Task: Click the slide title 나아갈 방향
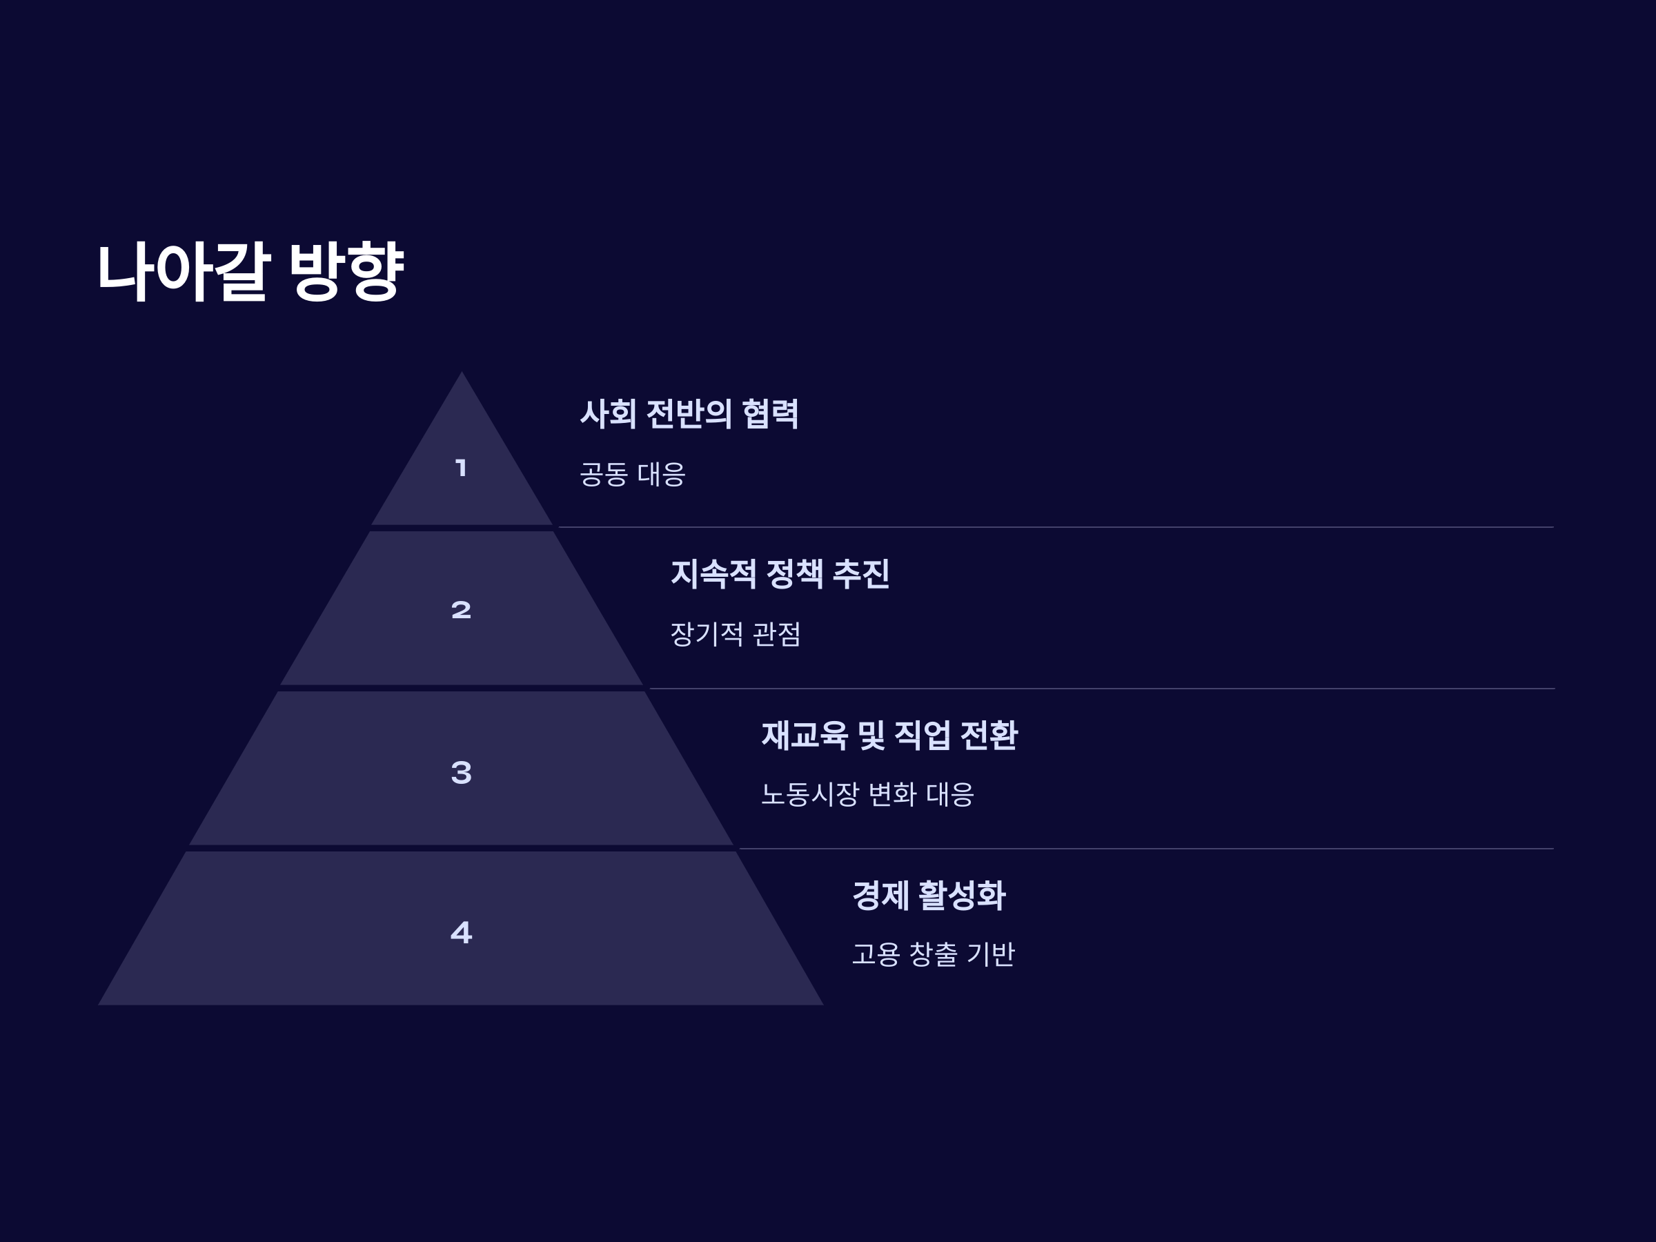coord(250,271)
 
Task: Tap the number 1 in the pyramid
coord(461,468)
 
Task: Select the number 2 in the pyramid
coord(461,610)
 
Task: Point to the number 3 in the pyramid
coord(461,773)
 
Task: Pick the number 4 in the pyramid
coord(461,933)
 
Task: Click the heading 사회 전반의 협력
coord(689,414)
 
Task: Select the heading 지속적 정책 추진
coord(779,574)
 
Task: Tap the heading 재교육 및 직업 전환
coord(889,735)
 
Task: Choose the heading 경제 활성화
coord(928,896)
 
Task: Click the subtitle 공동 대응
coord(632,475)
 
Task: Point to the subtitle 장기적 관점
coord(734,635)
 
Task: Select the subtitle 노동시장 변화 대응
coord(867,794)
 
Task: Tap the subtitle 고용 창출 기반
coord(933,954)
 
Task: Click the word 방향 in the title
coord(346,271)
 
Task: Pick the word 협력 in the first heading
coord(769,414)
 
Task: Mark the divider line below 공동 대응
coord(1056,527)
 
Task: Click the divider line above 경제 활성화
coord(1145,848)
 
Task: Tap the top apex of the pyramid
coord(461,374)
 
